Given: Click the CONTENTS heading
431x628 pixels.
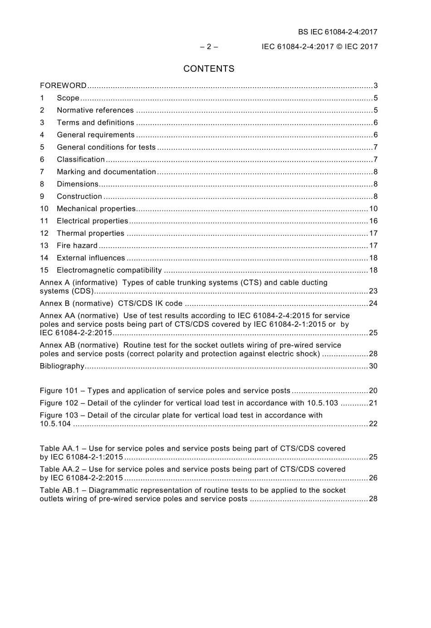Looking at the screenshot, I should [209, 69].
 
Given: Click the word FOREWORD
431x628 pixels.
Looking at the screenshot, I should [63, 86].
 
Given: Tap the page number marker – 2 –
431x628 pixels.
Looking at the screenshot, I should [209, 46].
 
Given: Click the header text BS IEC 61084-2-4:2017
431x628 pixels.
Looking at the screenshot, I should [338, 32].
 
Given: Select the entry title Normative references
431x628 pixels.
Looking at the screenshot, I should [95, 110].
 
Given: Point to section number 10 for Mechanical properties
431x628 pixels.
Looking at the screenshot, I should [44, 209].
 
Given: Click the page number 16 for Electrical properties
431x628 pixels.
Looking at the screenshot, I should [373, 221].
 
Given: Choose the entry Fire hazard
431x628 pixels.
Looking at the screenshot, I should [77, 245].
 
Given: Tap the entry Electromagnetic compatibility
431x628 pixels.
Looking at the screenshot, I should [109, 270].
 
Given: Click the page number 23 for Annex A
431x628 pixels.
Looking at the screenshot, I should [373, 291].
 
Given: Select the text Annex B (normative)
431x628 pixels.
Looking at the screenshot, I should [76, 303].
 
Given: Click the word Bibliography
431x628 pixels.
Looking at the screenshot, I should [62, 366].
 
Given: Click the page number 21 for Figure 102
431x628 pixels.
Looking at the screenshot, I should [373, 402].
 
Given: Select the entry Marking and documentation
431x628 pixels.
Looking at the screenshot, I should [106, 172].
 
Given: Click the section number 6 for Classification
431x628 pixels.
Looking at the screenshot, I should [42, 159].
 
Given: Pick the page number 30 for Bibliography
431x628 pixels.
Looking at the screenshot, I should [373, 366].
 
